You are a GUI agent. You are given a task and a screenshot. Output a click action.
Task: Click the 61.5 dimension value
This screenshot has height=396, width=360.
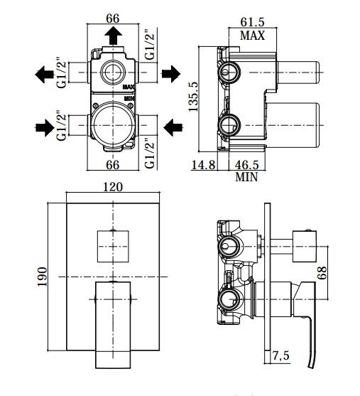pos(252,22)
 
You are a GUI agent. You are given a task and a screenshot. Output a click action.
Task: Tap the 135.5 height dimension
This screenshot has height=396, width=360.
pos(194,97)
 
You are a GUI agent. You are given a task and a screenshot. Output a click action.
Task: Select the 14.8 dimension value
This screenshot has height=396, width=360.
pos(203,165)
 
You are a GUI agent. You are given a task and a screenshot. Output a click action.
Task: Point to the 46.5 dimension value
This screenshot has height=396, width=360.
pos(247,165)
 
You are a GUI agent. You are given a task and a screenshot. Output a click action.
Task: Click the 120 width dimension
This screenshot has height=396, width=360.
pos(113,187)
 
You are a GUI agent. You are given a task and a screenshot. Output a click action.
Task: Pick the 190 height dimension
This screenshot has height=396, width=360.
pos(42,277)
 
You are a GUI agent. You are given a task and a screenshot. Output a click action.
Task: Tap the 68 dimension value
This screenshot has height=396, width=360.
pos(322,273)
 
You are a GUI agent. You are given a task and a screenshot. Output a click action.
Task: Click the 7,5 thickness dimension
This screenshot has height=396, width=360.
pos(280,356)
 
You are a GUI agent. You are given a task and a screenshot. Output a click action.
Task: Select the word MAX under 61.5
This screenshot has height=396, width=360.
pos(252,36)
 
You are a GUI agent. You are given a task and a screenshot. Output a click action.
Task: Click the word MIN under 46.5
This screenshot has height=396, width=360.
pos(246,177)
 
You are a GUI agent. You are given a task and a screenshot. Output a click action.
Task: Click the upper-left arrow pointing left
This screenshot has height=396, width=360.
pos(44,75)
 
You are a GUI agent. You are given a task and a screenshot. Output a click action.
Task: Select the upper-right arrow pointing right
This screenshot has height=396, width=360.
pos(171,74)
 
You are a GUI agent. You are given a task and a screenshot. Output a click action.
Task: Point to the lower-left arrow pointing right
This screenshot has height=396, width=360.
pos(45,128)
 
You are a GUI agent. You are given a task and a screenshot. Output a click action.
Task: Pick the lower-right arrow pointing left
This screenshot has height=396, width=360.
pos(173,127)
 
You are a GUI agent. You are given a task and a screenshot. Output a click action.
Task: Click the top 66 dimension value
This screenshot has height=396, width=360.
pos(112,18)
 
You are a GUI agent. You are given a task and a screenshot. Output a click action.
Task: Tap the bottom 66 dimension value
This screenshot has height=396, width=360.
pos(112,165)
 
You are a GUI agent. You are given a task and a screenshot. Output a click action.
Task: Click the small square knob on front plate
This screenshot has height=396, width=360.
pos(113,246)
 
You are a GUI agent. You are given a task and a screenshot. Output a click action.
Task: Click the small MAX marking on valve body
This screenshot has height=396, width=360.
pos(129,87)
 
